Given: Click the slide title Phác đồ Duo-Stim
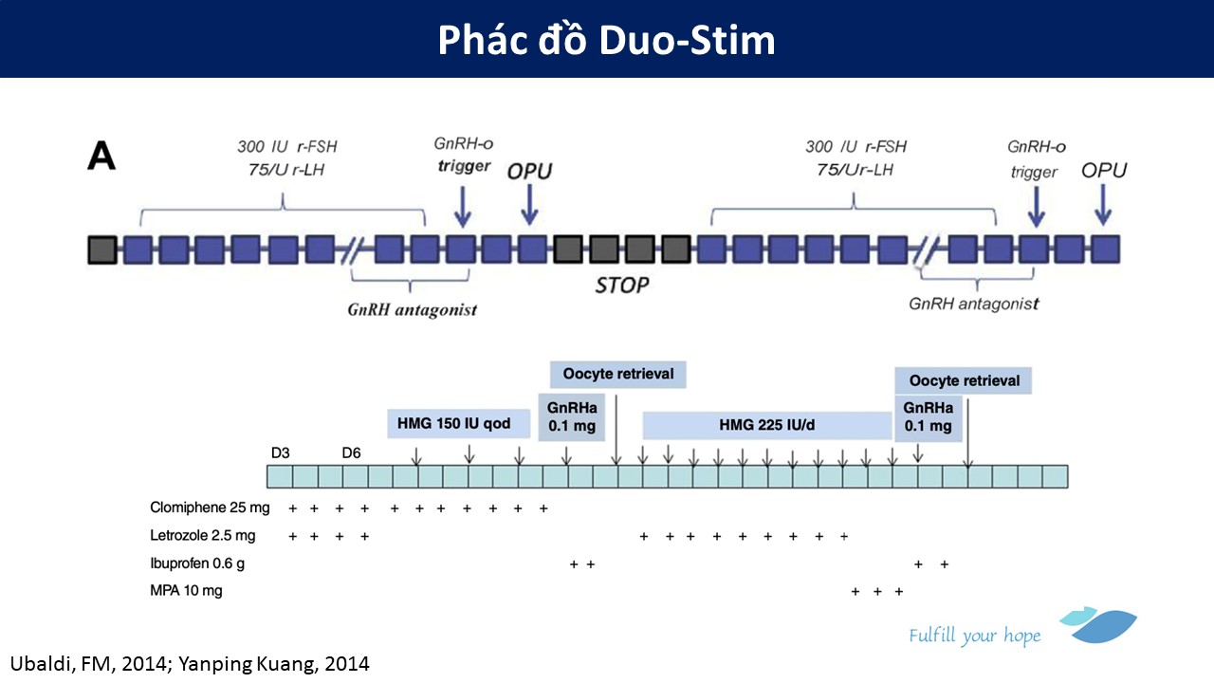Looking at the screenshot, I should [606, 40].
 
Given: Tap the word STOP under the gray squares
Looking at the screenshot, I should [622, 285].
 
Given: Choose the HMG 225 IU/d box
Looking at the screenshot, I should [767, 425].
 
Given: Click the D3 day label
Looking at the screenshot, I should [281, 452].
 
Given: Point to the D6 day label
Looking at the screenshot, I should [351, 452].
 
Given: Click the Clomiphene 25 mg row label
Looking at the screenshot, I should [210, 508].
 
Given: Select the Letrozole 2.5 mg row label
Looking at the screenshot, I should [202, 536].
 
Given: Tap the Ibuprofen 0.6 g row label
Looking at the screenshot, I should [196, 563].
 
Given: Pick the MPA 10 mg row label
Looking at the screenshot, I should [186, 591].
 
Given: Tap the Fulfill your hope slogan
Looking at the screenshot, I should [974, 636].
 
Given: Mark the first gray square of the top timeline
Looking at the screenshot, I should [101, 249].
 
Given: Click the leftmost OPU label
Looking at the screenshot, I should [529, 171].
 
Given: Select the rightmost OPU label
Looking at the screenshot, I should [1104, 170].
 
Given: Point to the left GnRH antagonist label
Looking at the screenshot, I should [411, 310].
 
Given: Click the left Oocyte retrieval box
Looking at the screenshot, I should [618, 374].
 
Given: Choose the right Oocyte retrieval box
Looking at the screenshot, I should [964, 380].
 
